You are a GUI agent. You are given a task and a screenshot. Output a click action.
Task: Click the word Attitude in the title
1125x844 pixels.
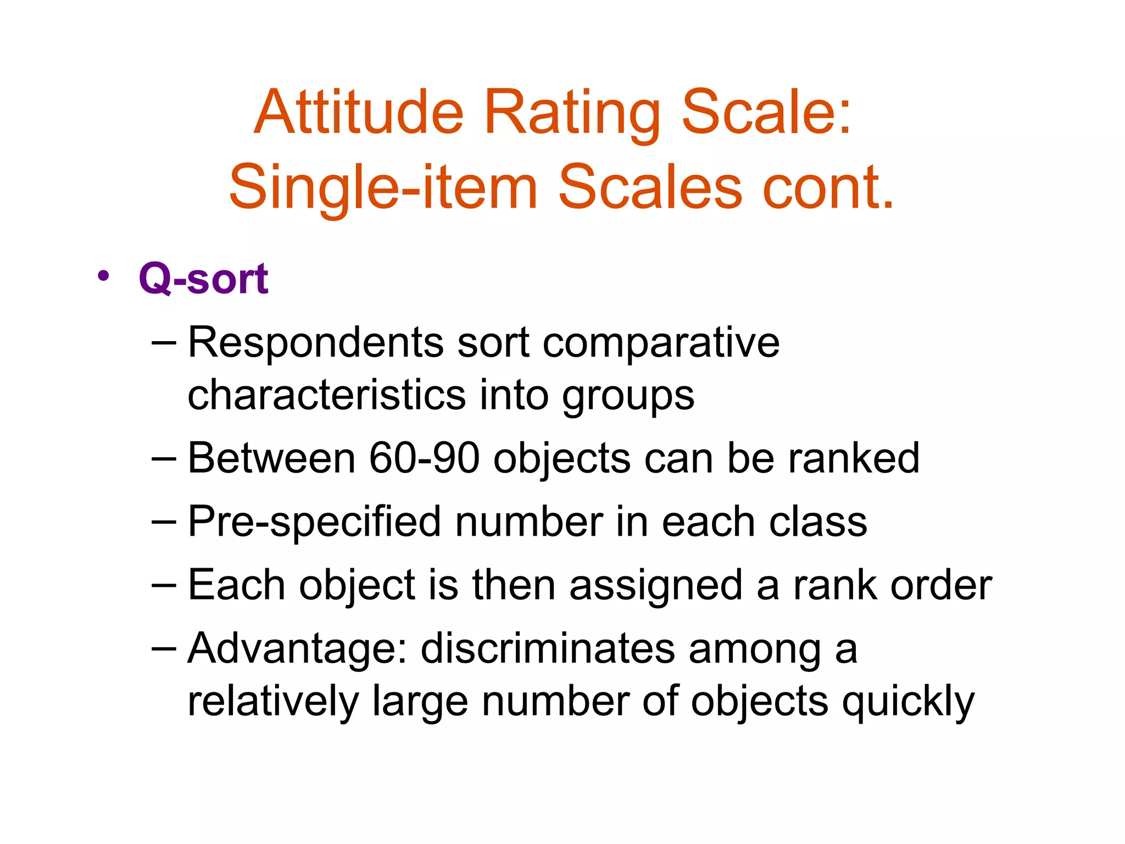[x=359, y=113]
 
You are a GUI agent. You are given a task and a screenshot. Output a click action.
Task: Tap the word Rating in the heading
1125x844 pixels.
[x=571, y=115]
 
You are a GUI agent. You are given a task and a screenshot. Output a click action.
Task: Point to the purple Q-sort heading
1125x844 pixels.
[x=203, y=279]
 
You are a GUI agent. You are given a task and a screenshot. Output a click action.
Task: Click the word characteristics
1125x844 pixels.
[x=326, y=395]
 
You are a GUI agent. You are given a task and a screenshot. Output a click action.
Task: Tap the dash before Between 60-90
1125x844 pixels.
[x=164, y=457]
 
